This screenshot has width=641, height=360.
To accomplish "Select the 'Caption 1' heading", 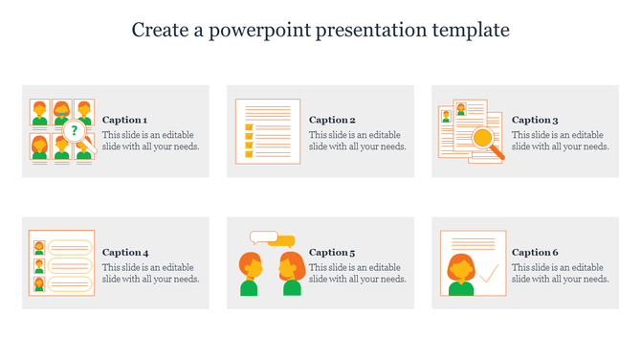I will click(x=124, y=120).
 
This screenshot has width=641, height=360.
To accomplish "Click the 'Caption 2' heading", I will click(x=332, y=120).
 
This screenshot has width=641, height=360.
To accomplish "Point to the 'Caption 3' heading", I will click(x=535, y=120).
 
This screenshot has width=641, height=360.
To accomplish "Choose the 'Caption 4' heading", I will click(x=124, y=253).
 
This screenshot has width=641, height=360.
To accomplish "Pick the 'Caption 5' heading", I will click(x=332, y=253).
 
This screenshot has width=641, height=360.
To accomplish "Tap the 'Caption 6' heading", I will click(x=535, y=253).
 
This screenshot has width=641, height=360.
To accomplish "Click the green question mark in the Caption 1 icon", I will click(x=76, y=130).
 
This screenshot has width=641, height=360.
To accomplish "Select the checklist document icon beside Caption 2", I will click(x=268, y=131).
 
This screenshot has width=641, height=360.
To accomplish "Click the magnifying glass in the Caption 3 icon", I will click(x=485, y=138).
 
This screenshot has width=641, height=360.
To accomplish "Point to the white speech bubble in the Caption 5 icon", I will click(x=262, y=236).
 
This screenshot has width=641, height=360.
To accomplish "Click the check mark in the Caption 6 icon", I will click(x=488, y=275).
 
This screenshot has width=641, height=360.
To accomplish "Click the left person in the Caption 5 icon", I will click(x=249, y=274).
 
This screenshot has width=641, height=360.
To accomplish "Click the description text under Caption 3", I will click(x=560, y=141).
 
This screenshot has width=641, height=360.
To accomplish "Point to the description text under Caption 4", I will click(x=150, y=274).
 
